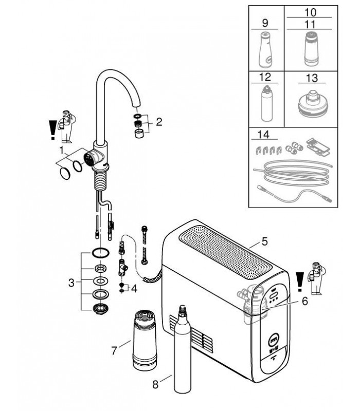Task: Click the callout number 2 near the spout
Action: [159, 122]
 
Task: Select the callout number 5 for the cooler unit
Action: [264, 241]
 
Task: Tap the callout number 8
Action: [155, 384]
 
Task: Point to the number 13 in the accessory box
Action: [312, 78]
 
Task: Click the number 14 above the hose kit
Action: [263, 135]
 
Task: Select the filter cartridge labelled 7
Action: [145, 340]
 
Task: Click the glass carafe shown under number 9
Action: [265, 49]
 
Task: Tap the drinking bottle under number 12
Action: [266, 103]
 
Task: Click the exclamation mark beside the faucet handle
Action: [52, 130]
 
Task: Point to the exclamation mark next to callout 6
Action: [300, 282]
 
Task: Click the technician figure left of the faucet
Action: [67, 127]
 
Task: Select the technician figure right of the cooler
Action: [316, 278]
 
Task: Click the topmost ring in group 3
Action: [100, 253]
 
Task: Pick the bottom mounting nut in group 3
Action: [100, 309]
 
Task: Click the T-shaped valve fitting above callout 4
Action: [122, 268]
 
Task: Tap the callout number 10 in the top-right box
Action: [311, 12]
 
